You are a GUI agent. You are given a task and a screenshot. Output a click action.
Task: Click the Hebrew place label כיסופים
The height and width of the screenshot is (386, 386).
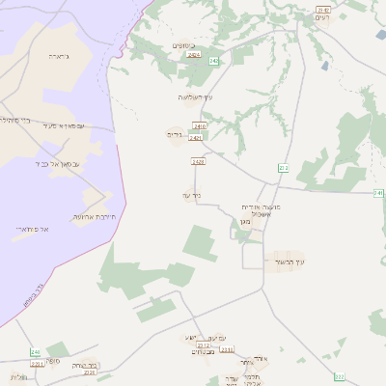click(x=183, y=45)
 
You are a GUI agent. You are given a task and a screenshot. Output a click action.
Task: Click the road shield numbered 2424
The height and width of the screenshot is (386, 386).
click(x=194, y=56)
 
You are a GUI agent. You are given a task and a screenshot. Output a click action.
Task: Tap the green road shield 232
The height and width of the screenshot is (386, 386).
click(x=284, y=168)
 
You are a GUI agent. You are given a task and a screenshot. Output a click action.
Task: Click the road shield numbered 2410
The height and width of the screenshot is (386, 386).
click(x=201, y=126)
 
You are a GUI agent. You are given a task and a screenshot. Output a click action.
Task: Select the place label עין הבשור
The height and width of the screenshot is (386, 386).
click(x=289, y=261)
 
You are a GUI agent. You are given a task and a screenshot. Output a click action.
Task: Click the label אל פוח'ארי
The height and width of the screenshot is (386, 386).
click(x=32, y=229)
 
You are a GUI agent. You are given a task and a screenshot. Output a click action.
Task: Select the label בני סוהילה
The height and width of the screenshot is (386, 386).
click(x=14, y=121)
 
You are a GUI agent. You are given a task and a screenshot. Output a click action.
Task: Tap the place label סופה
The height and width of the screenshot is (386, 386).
click(x=52, y=360)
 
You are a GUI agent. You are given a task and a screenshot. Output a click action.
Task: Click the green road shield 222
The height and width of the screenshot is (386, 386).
click(x=339, y=375)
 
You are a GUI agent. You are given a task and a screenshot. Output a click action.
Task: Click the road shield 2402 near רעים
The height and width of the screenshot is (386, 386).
click(x=322, y=10)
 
